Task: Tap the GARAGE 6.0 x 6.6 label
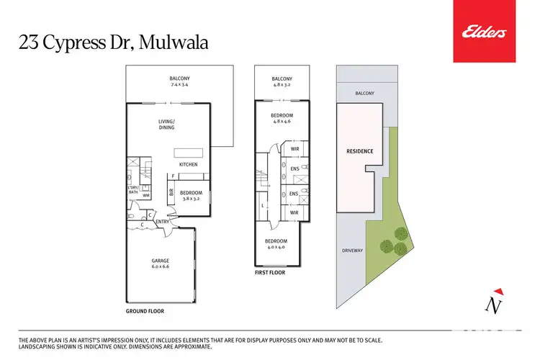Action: pos(160,264)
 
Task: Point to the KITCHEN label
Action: pos(189,165)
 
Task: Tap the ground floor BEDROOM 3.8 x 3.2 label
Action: pos(191,194)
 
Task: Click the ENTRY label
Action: pos(162,222)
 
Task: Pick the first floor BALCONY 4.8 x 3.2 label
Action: pos(282,81)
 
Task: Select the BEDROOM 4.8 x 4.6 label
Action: pos(282,118)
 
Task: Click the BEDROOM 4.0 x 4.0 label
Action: pos(276,243)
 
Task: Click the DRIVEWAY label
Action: pos(351,251)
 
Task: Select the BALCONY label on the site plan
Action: pos(364,94)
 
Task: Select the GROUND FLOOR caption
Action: pos(145,312)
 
